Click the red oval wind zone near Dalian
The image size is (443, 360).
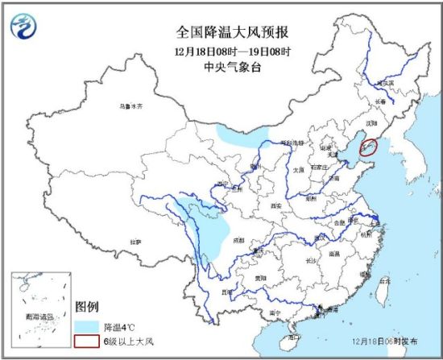368,147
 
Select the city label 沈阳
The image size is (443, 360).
371,123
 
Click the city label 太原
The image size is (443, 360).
299,169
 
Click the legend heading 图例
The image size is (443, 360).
86,307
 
